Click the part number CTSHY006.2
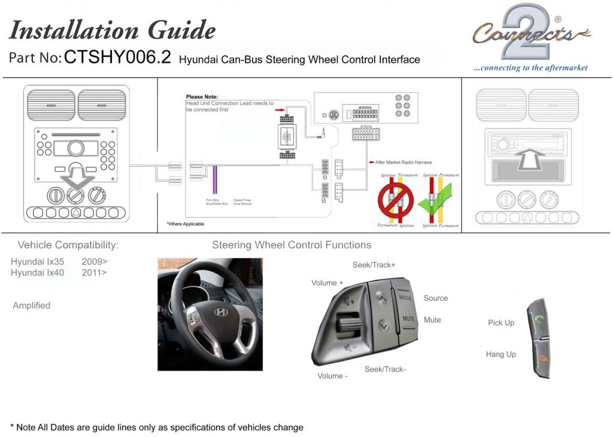pyautogui.click(x=117, y=57)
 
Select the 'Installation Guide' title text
pyautogui.click(x=112, y=29)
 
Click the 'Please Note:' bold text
pyautogui.click(x=202, y=96)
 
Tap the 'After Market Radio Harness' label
pyautogui.click(x=403, y=162)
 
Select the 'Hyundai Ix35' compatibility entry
pyautogui.click(x=37, y=261)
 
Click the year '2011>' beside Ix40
pyautogui.click(x=95, y=273)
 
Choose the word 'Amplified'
pyautogui.click(x=32, y=305)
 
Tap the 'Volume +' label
pyautogui.click(x=327, y=283)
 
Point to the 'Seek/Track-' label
pyautogui.click(x=385, y=369)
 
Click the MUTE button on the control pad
pyautogui.click(x=408, y=319)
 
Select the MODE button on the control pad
pyautogui.click(x=405, y=298)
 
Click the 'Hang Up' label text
pyautogui.click(x=500, y=355)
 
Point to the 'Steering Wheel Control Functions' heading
pyautogui.click(x=292, y=245)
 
